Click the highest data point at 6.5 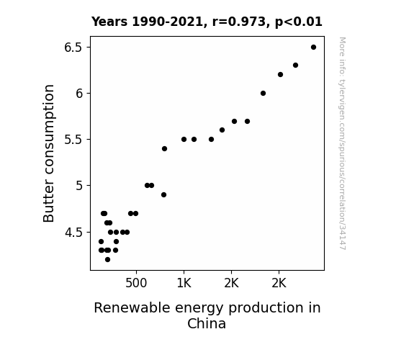[x=313, y=48]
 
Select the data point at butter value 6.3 [x=295, y=66]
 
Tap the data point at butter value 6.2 [x=280, y=75]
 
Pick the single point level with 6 [x=263, y=93]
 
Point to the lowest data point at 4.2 [x=107, y=260]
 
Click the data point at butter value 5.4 [x=164, y=149]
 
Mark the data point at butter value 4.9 [x=163, y=195]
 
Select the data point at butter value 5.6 [x=222, y=130]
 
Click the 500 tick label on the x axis [x=136, y=283]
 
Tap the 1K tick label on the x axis [x=184, y=283]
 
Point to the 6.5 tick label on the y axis [x=73, y=48]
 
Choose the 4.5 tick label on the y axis [x=73, y=233]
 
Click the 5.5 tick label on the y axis [x=73, y=140]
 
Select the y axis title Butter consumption [x=48, y=153]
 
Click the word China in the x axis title [x=207, y=323]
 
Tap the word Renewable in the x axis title [x=132, y=308]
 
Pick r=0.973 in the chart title [x=238, y=22]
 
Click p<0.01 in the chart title [x=298, y=22]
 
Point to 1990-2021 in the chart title [x=167, y=22]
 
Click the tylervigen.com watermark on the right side [x=343, y=143]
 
